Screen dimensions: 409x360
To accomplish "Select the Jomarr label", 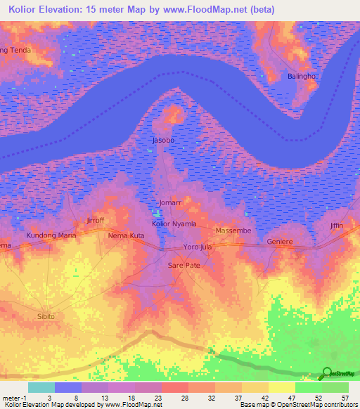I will tap(170, 202).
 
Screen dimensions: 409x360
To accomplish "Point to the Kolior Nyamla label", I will tap(174, 223).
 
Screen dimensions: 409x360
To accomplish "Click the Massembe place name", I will tap(233, 231).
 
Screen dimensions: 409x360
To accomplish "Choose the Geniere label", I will tap(280, 242).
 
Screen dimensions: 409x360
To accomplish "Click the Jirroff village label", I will tap(94, 220).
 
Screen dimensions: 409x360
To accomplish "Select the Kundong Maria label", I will tap(51, 235).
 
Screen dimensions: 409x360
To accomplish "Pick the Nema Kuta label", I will tap(126, 235).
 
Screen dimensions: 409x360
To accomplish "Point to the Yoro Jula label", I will tap(198, 247).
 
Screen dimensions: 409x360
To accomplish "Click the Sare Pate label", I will tap(184, 266).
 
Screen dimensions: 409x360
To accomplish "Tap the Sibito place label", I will tap(46, 317).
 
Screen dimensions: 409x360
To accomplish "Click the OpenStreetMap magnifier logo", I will tap(326, 374).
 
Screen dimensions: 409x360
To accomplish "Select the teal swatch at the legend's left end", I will tap(41, 387).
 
